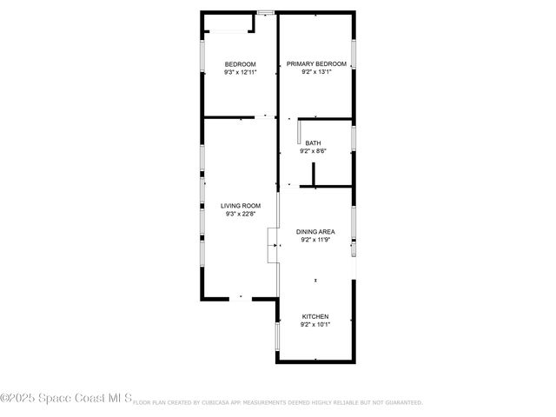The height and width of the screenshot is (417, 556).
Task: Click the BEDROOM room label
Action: click(x=240, y=64)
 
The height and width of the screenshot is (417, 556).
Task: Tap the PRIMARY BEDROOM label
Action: click(x=316, y=64)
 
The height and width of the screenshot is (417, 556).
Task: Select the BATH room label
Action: click(x=313, y=143)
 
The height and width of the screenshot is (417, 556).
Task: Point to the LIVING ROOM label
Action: click(x=240, y=206)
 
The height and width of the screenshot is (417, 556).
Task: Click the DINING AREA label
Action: click(x=316, y=232)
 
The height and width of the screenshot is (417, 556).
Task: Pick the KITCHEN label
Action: click(x=315, y=316)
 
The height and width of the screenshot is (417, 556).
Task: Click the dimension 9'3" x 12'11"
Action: click(x=240, y=73)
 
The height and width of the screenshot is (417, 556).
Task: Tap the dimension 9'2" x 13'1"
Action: click(x=316, y=73)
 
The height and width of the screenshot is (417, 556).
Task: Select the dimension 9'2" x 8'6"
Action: click(x=313, y=152)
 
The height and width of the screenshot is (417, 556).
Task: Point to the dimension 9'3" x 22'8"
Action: click(x=240, y=215)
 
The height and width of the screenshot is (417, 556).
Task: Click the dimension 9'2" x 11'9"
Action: click(x=316, y=241)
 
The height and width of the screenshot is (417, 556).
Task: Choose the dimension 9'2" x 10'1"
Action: click(x=315, y=325)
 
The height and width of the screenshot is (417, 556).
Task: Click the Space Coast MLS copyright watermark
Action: click(x=66, y=400)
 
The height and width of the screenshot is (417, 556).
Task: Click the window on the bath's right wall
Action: click(x=354, y=139)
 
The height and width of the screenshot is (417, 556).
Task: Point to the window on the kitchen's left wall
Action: click(x=278, y=335)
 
